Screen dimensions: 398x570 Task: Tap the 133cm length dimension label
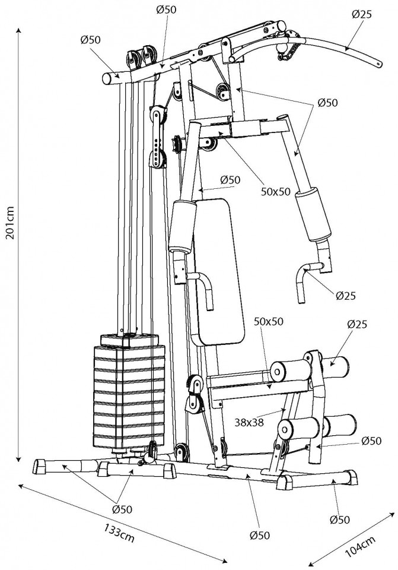[119, 533]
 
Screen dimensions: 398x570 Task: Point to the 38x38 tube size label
[249, 422]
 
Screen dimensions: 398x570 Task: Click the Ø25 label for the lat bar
[362, 14]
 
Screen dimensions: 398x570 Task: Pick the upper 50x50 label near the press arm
[276, 192]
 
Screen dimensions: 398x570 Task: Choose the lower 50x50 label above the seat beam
[269, 321]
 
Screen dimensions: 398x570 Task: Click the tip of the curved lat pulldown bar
[380, 64]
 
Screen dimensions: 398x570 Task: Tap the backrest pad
[218, 272]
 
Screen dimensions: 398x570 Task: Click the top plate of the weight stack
[129, 340]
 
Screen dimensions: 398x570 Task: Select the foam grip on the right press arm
[313, 214]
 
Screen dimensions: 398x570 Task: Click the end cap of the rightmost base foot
[352, 477]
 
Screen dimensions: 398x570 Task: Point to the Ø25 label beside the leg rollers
[357, 324]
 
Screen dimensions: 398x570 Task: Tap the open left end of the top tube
[107, 78]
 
